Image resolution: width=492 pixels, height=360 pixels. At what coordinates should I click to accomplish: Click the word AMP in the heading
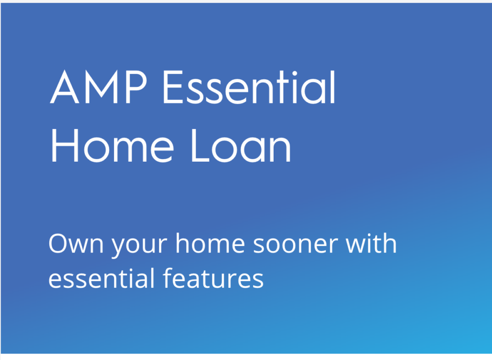tap(98, 87)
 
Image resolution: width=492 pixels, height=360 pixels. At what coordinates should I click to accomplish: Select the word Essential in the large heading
tap(249, 87)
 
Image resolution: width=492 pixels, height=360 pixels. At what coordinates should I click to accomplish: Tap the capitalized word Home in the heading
tap(112, 146)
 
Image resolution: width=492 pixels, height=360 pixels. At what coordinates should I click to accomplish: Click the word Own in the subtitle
tap(76, 244)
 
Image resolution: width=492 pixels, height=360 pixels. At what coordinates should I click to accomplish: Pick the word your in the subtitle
tap(140, 247)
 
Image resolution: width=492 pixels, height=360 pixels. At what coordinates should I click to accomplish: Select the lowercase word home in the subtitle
tap(210, 243)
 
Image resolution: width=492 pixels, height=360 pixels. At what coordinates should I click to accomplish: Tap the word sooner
tap(295, 245)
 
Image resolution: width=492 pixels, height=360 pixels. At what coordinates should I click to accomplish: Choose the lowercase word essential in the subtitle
tap(101, 278)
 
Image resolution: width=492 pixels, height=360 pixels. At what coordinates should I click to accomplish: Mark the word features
tap(213, 278)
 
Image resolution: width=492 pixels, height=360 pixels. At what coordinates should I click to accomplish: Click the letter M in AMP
tap(101, 87)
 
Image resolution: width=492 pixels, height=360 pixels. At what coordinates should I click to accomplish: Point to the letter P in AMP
tap(136, 87)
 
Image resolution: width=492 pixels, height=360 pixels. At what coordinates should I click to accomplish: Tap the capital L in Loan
tap(200, 146)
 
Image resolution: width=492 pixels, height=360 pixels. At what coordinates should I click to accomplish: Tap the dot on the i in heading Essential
tap(295, 74)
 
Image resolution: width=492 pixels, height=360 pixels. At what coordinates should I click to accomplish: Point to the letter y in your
tap(119, 248)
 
